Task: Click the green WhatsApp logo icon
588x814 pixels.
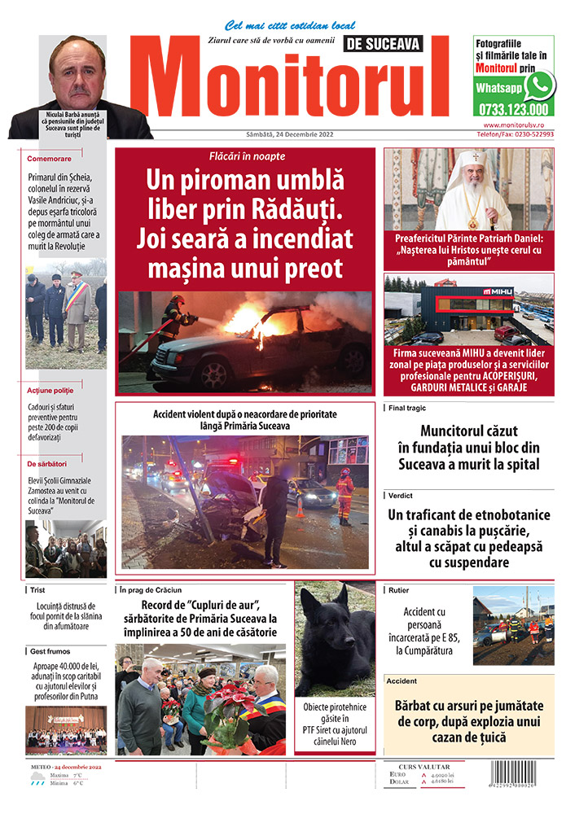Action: pos(539,85)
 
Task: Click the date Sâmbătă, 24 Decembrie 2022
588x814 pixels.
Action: pos(284,133)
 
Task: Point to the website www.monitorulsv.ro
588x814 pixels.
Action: pos(518,125)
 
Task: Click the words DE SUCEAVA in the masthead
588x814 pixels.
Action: pos(397,46)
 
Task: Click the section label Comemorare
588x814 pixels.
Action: pos(49,158)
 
